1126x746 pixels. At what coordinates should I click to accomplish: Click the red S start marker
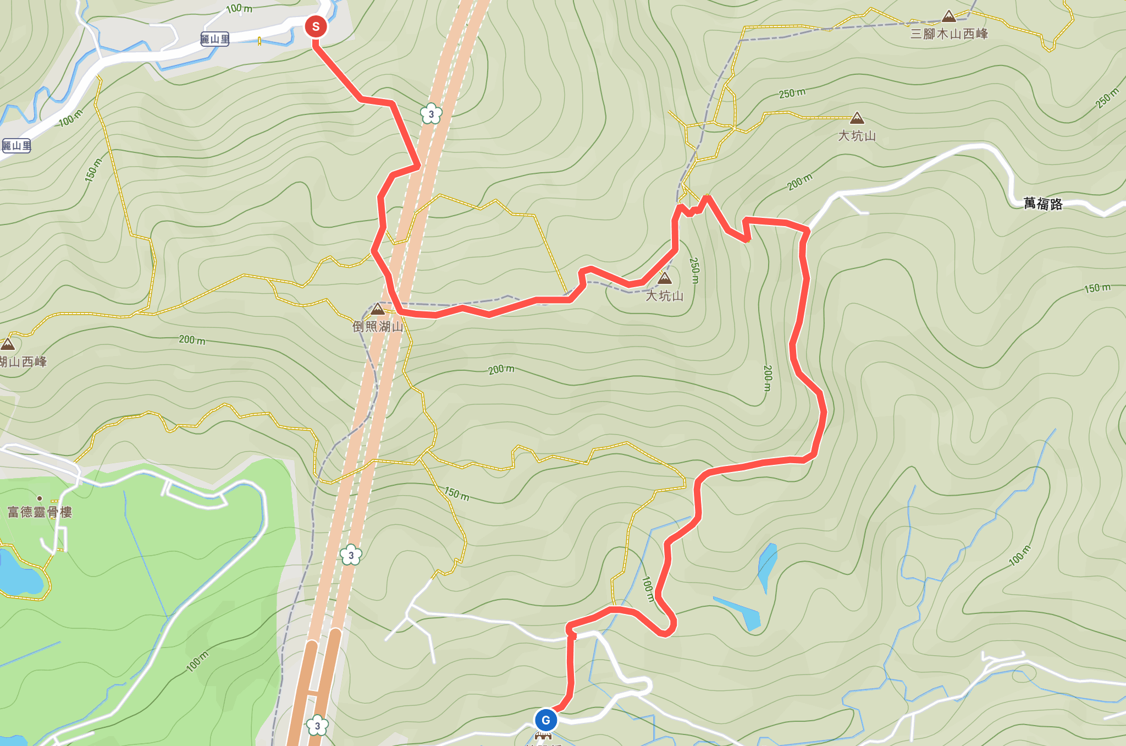[316, 26]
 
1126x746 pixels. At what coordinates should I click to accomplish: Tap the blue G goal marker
[545, 720]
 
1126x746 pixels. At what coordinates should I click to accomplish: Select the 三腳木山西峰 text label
[949, 34]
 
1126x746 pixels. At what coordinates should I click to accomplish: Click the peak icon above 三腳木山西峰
[949, 17]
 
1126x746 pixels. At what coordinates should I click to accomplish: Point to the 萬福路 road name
[1043, 204]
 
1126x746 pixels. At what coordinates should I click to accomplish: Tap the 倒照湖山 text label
[378, 327]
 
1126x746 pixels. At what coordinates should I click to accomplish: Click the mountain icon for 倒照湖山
[378, 309]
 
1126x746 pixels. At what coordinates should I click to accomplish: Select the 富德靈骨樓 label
[40, 513]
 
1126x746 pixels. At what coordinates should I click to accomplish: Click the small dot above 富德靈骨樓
[40, 498]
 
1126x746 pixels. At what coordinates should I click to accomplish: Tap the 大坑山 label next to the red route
[664, 296]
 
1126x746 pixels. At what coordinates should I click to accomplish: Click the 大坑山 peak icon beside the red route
[665, 278]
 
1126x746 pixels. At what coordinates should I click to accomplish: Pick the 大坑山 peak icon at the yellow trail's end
[857, 118]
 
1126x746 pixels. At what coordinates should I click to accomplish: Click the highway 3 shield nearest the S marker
[431, 114]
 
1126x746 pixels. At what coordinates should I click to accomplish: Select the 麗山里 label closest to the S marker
[214, 39]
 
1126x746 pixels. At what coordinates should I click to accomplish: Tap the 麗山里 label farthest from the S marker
[16, 146]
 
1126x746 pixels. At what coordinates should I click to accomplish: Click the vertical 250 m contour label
[694, 270]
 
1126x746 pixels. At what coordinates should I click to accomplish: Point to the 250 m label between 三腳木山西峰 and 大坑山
[792, 94]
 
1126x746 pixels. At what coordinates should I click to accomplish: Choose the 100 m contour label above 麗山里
[239, 8]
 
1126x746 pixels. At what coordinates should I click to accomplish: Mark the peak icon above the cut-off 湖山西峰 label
[8, 345]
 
